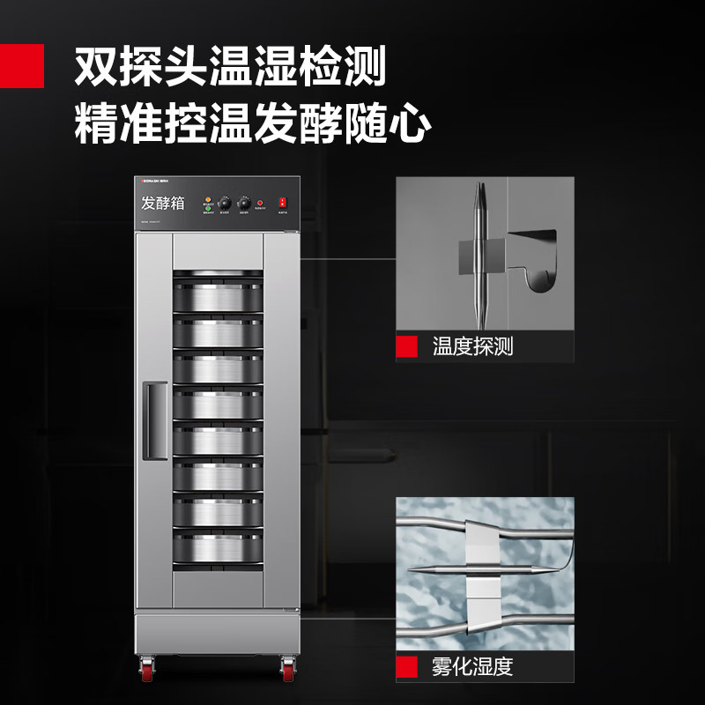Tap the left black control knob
[x=224, y=202]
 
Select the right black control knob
[x=244, y=202]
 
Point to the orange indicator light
[x=209, y=197]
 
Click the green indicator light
[x=209, y=208]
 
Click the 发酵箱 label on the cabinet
[x=163, y=203]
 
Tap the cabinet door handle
[x=156, y=420]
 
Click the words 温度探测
[x=472, y=346]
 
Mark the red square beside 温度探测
[x=406, y=346]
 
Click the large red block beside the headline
[x=21, y=67]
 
